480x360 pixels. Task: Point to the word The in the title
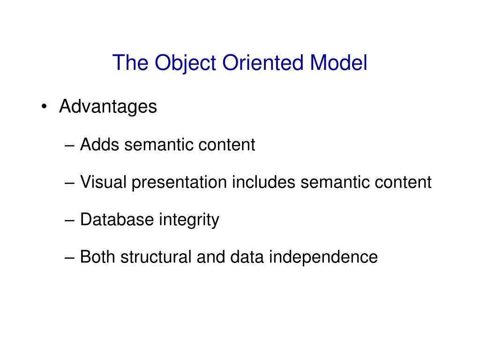point(129,63)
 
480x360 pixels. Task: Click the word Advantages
point(108,107)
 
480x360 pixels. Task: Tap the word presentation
point(180,183)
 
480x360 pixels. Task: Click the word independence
point(323,257)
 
